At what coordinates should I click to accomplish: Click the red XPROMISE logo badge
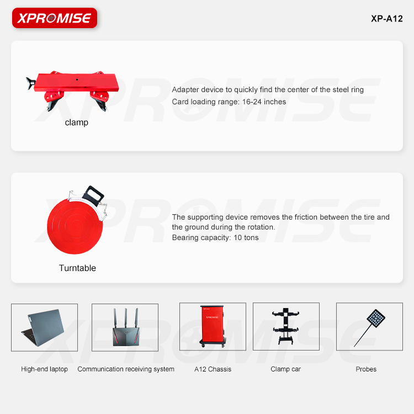pyautogui.click(x=55, y=18)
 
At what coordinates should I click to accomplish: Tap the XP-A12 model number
pyautogui.click(x=386, y=19)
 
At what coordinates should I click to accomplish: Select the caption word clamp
pyautogui.click(x=77, y=123)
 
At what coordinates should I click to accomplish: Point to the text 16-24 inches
pyautogui.click(x=264, y=102)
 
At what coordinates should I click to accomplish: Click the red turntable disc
pyautogui.click(x=75, y=226)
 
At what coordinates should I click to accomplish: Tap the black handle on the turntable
pyautogui.click(x=93, y=195)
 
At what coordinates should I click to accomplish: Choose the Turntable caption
pyautogui.click(x=77, y=268)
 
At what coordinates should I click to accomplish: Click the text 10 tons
pyautogui.click(x=246, y=237)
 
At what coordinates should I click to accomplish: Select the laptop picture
pyautogui.click(x=43, y=327)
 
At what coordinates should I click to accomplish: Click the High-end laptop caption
pyautogui.click(x=44, y=369)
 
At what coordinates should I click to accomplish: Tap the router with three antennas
pyautogui.click(x=126, y=327)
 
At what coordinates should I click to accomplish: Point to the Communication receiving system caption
pyautogui.click(x=126, y=369)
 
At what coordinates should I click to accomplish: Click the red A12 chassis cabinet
pyautogui.click(x=213, y=326)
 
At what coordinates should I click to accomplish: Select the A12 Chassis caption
pyautogui.click(x=213, y=369)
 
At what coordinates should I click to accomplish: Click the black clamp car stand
pyautogui.click(x=286, y=326)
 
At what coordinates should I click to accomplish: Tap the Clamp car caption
pyautogui.click(x=286, y=369)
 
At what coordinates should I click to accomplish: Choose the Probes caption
pyautogui.click(x=366, y=369)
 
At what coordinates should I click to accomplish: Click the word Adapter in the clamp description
pyautogui.click(x=184, y=90)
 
